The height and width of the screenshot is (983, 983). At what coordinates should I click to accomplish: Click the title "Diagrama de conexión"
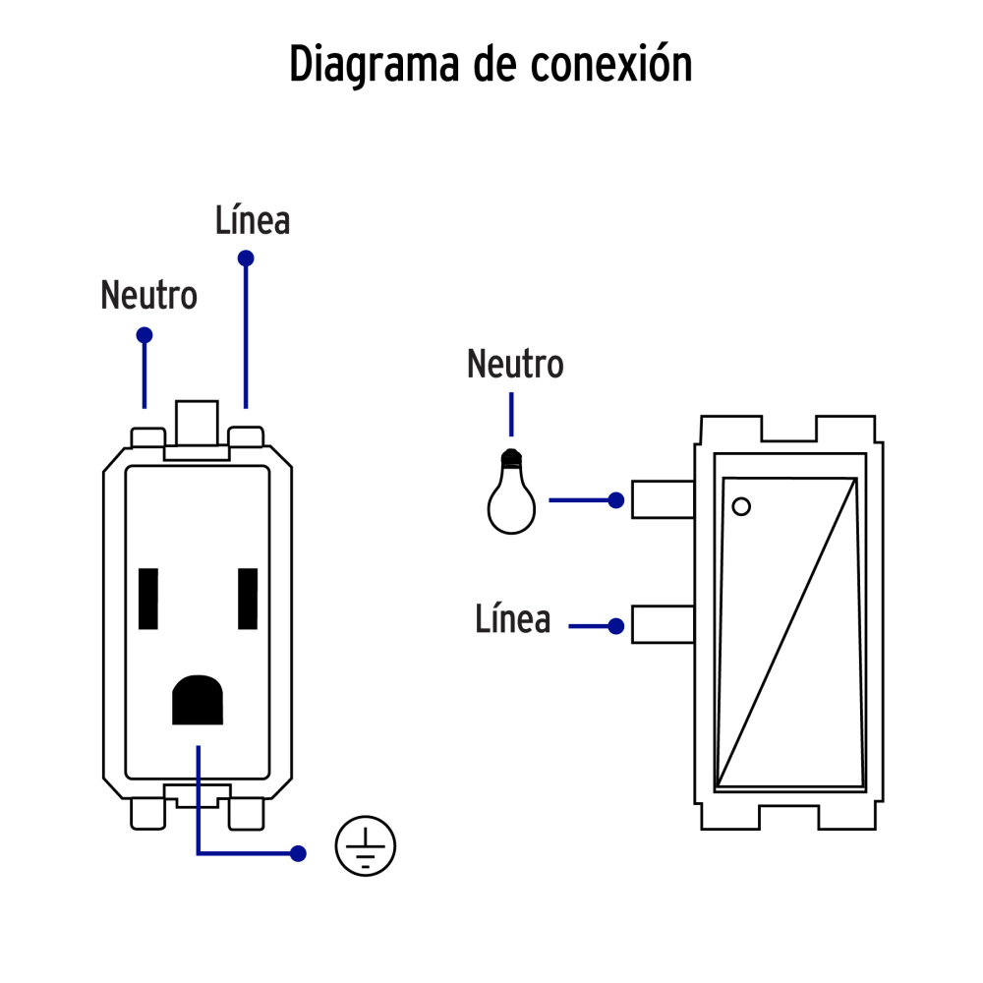point(491,65)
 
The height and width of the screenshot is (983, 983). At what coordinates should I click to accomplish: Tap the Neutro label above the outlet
point(148,295)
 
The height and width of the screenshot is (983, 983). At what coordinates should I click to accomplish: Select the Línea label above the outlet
point(253,220)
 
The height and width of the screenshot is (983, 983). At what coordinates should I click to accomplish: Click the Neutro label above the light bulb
point(515,364)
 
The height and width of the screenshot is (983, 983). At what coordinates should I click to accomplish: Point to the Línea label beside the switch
point(512,619)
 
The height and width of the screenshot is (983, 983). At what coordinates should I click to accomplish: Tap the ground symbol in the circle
point(366,845)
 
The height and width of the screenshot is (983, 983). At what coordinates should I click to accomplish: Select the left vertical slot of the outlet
point(149,599)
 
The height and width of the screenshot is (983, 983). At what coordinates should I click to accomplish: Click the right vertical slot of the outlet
point(248,599)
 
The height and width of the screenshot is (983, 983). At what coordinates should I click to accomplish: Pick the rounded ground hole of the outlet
point(198,700)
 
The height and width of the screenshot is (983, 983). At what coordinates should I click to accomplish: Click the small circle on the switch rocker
point(742,506)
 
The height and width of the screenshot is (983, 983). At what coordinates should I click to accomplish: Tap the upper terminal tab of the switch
point(663,499)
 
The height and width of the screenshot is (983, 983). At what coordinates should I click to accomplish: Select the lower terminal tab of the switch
point(663,625)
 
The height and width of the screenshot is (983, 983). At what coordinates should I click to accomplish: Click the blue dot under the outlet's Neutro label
point(145,335)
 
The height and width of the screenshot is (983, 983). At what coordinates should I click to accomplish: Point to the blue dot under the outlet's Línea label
point(246,259)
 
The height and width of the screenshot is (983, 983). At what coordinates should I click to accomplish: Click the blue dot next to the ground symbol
point(298,853)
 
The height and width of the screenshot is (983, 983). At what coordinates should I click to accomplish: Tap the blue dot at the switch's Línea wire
point(616,625)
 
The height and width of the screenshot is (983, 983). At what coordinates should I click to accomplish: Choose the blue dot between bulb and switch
point(616,500)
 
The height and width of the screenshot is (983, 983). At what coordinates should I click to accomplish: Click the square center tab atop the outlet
point(195,423)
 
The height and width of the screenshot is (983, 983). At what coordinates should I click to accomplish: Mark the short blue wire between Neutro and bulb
point(510,415)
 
